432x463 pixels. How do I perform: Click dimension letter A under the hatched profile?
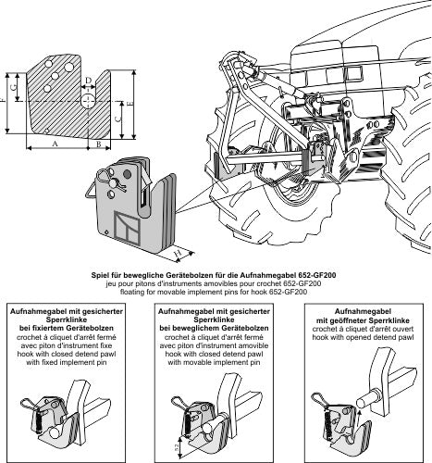click(x=55, y=144)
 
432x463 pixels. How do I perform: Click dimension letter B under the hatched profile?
click(x=99, y=144)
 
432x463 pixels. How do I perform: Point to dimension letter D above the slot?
click(x=89, y=81)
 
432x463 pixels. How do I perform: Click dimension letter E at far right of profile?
click(x=129, y=105)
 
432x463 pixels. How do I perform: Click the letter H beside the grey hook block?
click(x=178, y=253)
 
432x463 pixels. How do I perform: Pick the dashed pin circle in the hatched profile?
click(x=89, y=101)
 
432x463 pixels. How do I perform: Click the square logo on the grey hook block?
click(x=127, y=226)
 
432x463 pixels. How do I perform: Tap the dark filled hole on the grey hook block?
click(x=128, y=174)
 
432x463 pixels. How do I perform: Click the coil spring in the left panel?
click(x=39, y=422)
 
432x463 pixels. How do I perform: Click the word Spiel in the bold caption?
click(x=99, y=275)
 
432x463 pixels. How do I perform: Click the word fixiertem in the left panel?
click(x=46, y=328)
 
